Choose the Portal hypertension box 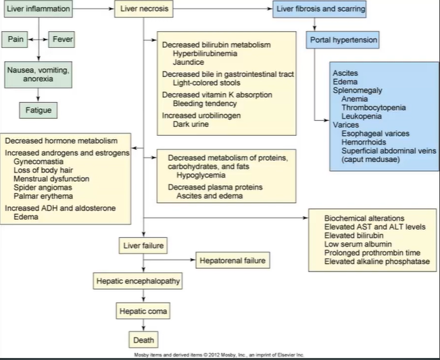[343, 41]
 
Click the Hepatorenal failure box [233, 260]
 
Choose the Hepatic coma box [142, 311]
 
